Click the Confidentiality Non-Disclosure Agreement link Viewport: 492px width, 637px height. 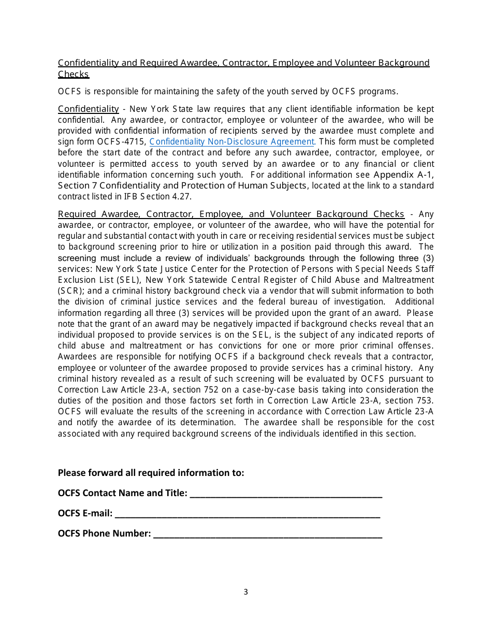click(x=232, y=141)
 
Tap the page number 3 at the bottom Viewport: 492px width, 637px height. click(x=245, y=592)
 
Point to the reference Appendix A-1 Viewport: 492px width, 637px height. click(x=403, y=175)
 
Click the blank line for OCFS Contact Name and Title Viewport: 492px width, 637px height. click(x=286, y=494)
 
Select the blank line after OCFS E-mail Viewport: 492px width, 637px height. click(x=248, y=514)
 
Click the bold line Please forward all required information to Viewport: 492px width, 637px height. click(x=151, y=472)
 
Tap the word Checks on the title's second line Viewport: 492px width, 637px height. click(x=74, y=74)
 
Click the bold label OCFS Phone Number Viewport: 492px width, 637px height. click(x=104, y=533)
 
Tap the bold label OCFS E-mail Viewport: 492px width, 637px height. click(x=85, y=513)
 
